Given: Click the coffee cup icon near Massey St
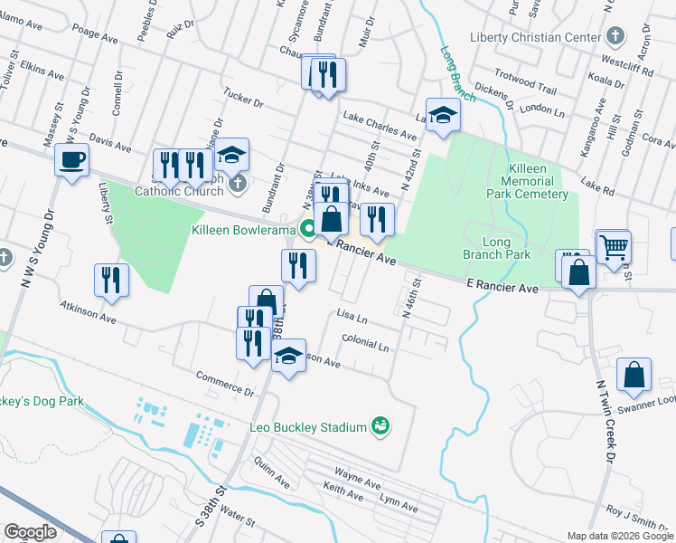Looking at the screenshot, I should click(71, 161).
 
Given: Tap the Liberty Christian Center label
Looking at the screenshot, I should click(535, 37).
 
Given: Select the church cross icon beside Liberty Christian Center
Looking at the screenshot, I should click(615, 37).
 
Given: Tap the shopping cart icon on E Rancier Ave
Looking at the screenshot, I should click(614, 245).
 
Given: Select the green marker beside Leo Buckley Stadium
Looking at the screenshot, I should click(380, 425).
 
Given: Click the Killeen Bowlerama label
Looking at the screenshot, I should click(244, 230).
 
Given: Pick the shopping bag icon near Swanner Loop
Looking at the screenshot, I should click(635, 375).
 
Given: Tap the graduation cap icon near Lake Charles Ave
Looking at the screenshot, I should click(443, 115).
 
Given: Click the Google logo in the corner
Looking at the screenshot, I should click(32, 531).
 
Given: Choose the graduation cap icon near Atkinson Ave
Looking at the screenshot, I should click(289, 355).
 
